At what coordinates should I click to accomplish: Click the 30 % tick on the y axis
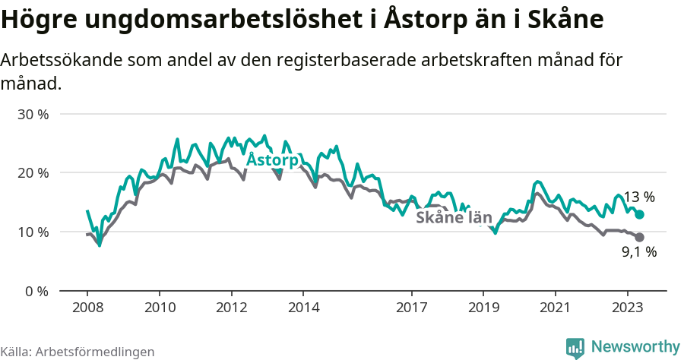(33, 114)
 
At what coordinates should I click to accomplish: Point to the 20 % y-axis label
(33, 172)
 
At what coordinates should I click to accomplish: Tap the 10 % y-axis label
(33, 232)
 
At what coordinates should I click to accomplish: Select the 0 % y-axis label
(36, 291)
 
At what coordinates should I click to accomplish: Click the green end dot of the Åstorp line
(640, 215)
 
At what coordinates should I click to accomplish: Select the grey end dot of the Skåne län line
(640, 238)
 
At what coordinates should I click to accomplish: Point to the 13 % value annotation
(639, 197)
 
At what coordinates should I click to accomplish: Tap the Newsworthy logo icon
(575, 348)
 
